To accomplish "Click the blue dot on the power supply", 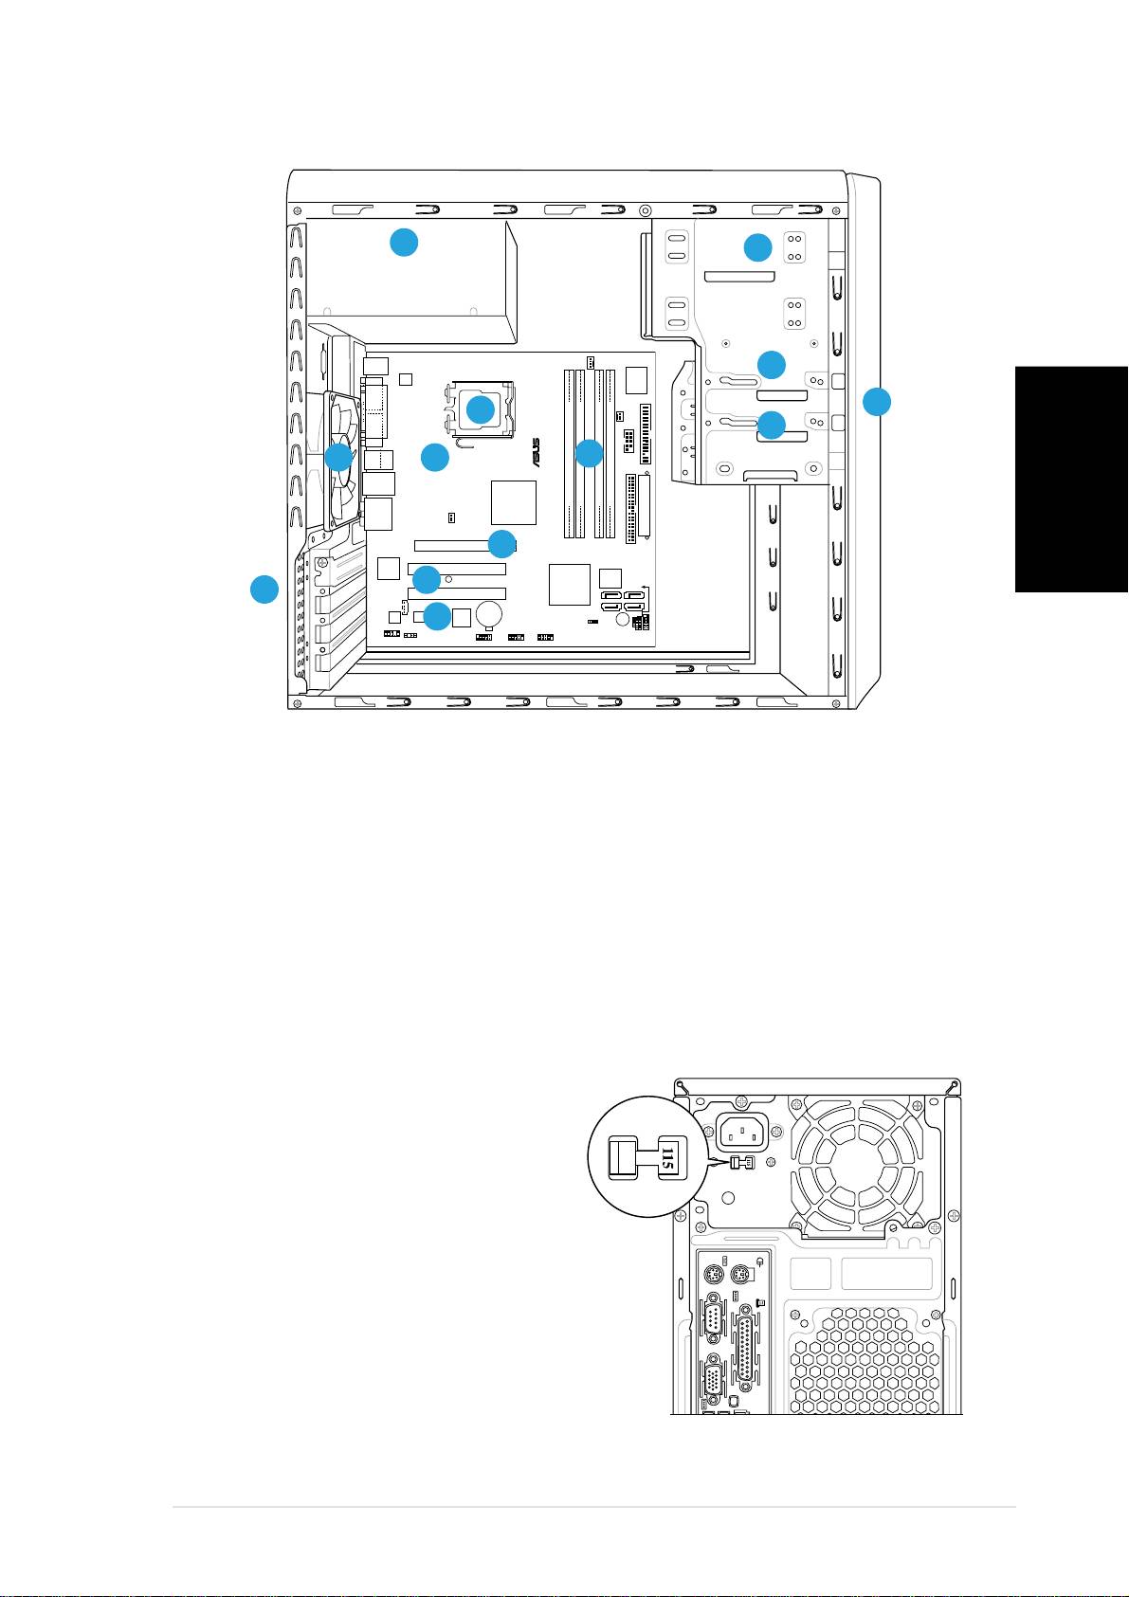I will coord(404,243).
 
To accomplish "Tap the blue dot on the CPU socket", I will coord(481,409).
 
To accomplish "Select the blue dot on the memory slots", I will coord(589,453).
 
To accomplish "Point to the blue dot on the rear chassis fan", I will coord(338,458).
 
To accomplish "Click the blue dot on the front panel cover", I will coord(877,401).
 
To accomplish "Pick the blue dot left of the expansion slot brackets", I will coord(264,589).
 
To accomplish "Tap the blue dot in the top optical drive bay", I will coord(757,247).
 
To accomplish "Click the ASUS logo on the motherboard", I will coord(536,452).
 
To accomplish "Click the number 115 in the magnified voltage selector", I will coord(666,1157).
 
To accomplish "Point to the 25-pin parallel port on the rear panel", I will coord(748,1347).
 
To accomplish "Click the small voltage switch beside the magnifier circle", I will coord(741,1163).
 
